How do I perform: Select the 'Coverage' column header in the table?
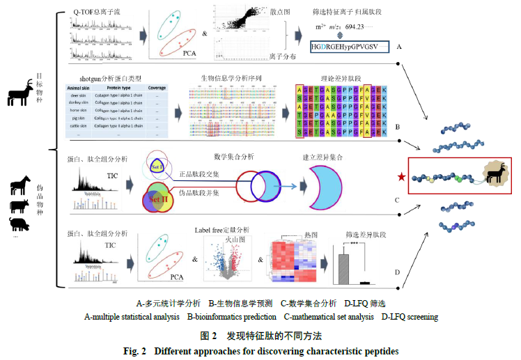[x=157, y=88]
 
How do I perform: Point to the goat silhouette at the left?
[x=19, y=94]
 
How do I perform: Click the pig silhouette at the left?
[x=19, y=224]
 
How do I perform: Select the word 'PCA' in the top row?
[x=185, y=52]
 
